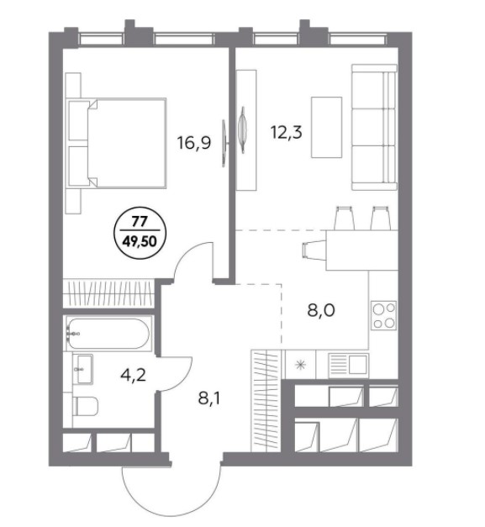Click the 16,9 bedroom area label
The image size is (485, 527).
click(194, 143)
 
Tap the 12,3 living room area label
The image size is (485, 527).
click(286, 132)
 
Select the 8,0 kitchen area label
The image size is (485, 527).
click(321, 310)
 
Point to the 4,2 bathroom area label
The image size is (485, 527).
click(133, 375)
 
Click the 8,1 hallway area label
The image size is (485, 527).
click(209, 398)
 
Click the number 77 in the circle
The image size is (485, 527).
click(140, 222)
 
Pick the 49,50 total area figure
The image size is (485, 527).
click(140, 241)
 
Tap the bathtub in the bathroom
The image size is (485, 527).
click(108, 334)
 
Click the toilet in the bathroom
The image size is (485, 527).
click(86, 406)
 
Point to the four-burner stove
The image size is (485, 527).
click(384, 315)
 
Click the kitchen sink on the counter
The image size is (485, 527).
click(349, 365)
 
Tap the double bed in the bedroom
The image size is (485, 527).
click(116, 143)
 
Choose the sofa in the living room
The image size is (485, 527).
click(374, 127)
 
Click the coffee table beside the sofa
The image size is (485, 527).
click(326, 127)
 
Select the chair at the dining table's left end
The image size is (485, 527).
click(314, 250)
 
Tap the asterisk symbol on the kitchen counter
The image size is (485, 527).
click(300, 365)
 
